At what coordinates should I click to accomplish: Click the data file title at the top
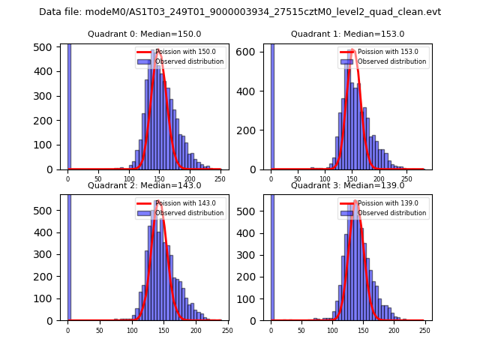pos(240,12)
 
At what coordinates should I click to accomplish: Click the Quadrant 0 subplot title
pos(144,34)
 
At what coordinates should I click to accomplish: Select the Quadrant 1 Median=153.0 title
pos(347,34)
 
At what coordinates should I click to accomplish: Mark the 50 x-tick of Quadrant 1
pos(298,179)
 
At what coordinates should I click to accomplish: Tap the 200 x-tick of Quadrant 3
pos(394,331)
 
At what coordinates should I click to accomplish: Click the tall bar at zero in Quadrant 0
pos(69,105)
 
